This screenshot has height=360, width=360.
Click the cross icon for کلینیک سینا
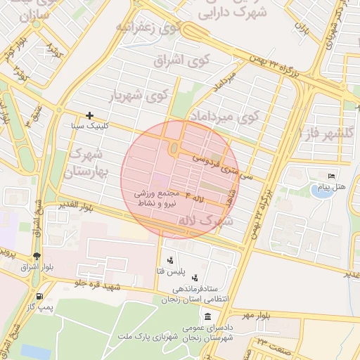pyautogui.click(x=89, y=115)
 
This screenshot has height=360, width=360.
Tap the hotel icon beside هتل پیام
pyautogui.click(x=332, y=176)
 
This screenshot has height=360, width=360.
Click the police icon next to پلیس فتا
pyautogui.click(x=170, y=261)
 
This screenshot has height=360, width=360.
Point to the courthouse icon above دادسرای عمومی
pyautogui.click(x=207, y=317)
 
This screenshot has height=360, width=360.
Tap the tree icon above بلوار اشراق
pyautogui.click(x=37, y=255)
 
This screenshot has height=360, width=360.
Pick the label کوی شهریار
pyautogui.click(x=141, y=94)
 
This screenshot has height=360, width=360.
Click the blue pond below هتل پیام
pyautogui.click(x=322, y=191)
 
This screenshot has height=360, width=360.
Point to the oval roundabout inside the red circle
pyautogui.click(x=174, y=148)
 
